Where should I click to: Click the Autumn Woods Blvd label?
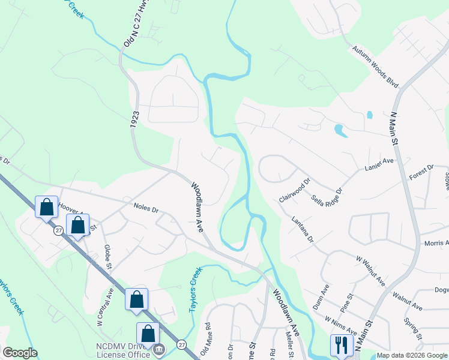(x=375, y=67)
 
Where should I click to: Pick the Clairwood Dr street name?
(x=295, y=190)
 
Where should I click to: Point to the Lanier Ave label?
(x=379, y=165)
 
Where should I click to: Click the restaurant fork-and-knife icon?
(x=339, y=344)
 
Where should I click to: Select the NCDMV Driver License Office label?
(x=123, y=350)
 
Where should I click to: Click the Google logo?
(x=20, y=352)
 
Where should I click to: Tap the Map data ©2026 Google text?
(x=411, y=355)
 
